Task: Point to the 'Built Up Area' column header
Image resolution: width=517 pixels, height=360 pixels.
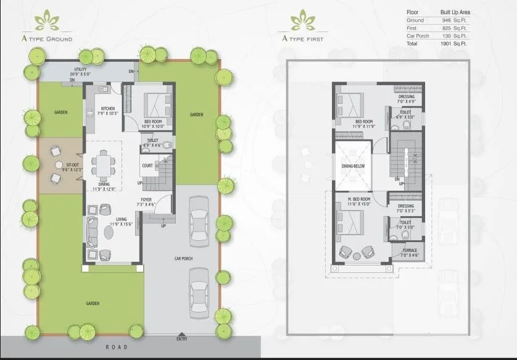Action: (x=456, y=12)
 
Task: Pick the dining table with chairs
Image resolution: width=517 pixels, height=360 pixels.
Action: (x=102, y=164)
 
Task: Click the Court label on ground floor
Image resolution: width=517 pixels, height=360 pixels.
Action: (x=147, y=165)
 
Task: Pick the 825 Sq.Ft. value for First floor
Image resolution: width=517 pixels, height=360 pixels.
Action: (x=455, y=28)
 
